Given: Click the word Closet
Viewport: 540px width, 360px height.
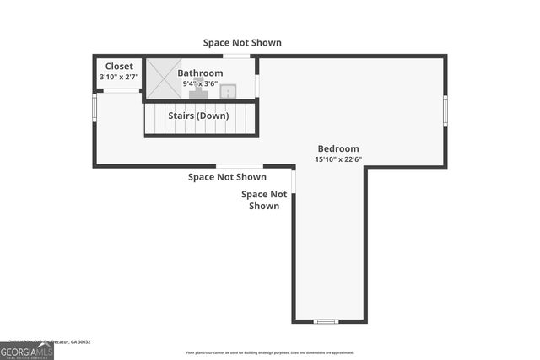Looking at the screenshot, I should pyautogui.click(x=118, y=67).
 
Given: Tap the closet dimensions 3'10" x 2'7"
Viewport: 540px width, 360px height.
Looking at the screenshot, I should pyautogui.click(x=118, y=78).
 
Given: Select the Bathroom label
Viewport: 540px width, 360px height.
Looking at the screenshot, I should pyautogui.click(x=200, y=73).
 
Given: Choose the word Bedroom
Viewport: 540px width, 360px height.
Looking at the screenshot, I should pyautogui.click(x=337, y=148).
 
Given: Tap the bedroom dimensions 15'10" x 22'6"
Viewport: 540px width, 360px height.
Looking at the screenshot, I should pyautogui.click(x=337, y=159).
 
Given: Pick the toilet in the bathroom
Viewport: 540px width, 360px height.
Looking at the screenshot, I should pyautogui.click(x=195, y=93).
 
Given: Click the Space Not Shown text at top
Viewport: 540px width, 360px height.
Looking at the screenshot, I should pyautogui.click(x=241, y=42).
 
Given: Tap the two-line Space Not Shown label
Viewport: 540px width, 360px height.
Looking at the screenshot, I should pyautogui.click(x=264, y=200).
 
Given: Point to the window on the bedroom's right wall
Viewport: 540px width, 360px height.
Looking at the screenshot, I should pyautogui.click(x=445, y=110).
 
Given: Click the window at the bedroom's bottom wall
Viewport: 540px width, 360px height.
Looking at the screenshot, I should pyautogui.click(x=325, y=321).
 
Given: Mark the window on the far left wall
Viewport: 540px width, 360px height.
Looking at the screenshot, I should pyautogui.click(x=95, y=108).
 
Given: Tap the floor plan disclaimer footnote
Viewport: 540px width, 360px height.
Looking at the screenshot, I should pyautogui.click(x=270, y=352).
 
